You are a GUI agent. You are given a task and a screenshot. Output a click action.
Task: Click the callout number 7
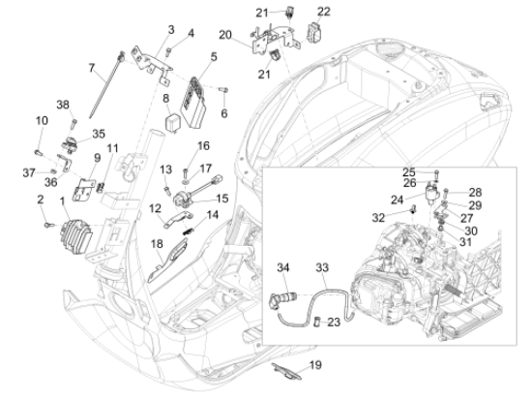pos(91,68)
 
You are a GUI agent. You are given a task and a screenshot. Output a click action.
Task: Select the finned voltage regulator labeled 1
pos(76,234)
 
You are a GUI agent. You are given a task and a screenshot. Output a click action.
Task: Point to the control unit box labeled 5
pos(194,103)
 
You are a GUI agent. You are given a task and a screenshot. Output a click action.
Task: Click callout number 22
pos(323,12)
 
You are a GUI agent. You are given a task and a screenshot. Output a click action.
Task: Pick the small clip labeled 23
pos(318,322)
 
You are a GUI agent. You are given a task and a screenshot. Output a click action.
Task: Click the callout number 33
pos(322,267)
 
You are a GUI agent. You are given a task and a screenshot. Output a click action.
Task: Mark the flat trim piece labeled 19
pos(286,372)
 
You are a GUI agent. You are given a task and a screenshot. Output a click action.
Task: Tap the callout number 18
pos(157,244)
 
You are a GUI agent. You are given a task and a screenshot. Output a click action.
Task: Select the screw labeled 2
pos(49,225)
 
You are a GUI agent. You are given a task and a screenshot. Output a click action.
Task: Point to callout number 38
pos(63,105)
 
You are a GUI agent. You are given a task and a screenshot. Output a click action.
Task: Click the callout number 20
pos(225,35)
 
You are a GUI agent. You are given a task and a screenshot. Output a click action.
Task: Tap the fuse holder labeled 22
pos(314,32)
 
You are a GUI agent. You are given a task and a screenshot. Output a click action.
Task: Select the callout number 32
pos(378,218)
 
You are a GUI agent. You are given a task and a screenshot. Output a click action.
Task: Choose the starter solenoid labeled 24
pos(432,192)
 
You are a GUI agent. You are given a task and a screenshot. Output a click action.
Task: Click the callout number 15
pos(222,199)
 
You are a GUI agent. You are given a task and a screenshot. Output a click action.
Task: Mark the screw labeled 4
pos(168,52)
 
